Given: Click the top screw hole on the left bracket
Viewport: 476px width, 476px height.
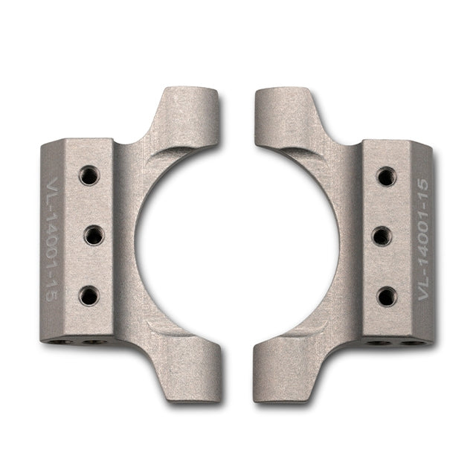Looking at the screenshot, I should [89, 176].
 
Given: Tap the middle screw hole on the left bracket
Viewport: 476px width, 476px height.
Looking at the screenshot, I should [94, 236].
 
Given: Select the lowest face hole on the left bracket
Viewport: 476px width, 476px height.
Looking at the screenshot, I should [89, 295].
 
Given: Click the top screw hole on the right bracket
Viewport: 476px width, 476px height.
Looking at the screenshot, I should [386, 176].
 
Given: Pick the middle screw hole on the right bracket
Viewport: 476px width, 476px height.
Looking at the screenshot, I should [382, 237].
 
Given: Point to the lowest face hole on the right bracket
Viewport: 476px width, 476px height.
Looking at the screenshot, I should [387, 296].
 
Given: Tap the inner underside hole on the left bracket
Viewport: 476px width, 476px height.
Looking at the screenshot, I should [93, 343].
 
